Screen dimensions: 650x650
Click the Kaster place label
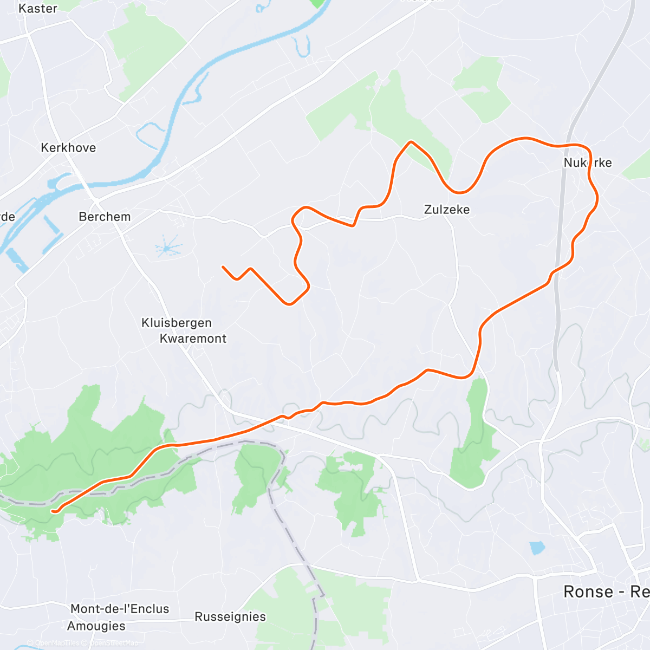tap(37, 9)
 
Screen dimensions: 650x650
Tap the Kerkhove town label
tap(68, 148)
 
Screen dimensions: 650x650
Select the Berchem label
tap(105, 217)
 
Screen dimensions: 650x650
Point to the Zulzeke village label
tap(447, 210)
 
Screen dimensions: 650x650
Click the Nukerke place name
tap(588, 163)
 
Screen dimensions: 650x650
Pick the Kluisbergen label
tap(177, 323)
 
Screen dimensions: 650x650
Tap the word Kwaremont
tap(193, 339)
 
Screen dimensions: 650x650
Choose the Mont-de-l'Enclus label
tap(120, 609)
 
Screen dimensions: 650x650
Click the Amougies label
tap(96, 626)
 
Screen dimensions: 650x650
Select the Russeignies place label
tap(230, 617)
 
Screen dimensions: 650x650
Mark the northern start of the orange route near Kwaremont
tap(223, 266)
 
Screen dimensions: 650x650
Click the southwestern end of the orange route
tap(53, 510)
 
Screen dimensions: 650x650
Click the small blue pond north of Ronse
tap(537, 548)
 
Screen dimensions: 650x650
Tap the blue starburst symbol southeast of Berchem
tap(168, 248)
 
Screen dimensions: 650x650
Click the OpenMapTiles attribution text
tap(57, 643)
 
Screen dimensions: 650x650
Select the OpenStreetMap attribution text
tap(113, 643)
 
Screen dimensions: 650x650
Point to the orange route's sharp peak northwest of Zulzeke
tap(411, 142)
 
